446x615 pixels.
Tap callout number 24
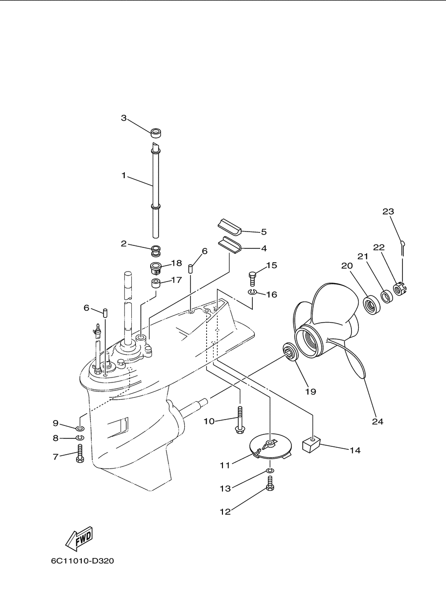378,422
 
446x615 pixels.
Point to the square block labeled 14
312,444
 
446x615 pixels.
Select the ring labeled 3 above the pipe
156,133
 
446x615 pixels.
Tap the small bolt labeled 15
252,278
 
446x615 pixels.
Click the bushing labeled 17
156,283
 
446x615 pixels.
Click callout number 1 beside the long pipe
124,175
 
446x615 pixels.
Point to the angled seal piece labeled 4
229,244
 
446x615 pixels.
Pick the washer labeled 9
80,428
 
